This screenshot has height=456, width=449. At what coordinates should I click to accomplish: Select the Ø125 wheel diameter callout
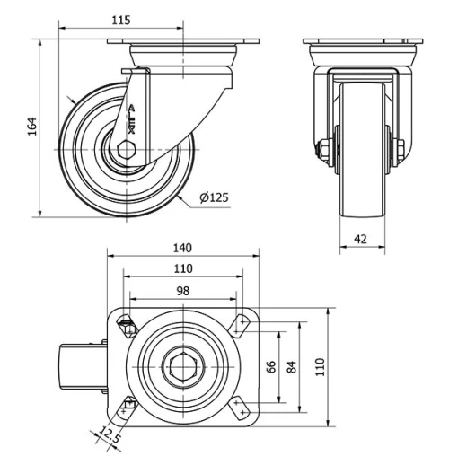(212, 197)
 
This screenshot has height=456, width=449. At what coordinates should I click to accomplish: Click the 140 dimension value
(183, 248)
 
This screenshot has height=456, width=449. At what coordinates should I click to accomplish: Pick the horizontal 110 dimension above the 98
(183, 268)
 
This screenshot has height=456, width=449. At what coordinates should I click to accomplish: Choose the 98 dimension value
(183, 291)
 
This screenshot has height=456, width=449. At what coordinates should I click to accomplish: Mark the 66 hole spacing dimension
(269, 367)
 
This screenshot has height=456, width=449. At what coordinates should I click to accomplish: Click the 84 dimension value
(292, 367)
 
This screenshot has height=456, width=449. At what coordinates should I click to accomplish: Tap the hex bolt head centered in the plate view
(183, 367)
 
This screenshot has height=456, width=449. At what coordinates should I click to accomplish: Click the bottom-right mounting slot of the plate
(242, 409)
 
